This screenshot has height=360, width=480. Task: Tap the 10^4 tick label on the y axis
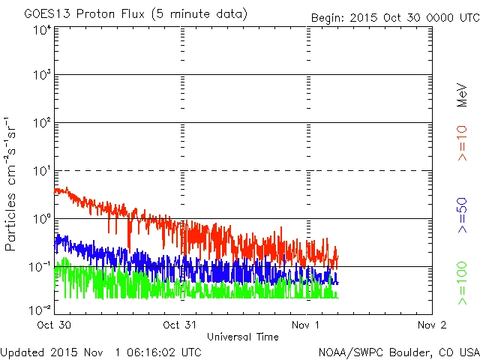pos(42,30)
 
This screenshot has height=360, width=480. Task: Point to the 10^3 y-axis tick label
pos(42,75)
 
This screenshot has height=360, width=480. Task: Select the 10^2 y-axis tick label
pos(42,123)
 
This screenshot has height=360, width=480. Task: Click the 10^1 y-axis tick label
pos(42,171)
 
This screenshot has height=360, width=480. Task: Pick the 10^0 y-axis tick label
pos(42,219)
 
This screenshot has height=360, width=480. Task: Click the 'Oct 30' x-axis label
pos(55,325)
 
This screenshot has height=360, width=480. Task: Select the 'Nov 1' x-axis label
pos(305,325)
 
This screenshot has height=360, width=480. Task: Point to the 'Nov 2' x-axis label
pos(431,325)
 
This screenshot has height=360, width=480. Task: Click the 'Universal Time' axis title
pos(243,337)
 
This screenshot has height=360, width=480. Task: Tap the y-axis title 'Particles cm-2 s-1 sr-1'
pos(13,183)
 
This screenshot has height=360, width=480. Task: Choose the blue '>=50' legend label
pos(463,215)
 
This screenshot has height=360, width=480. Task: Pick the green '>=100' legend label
pos(463,282)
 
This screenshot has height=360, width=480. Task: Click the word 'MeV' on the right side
pos(463,94)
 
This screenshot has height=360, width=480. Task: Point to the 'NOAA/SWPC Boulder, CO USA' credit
pos(398,352)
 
